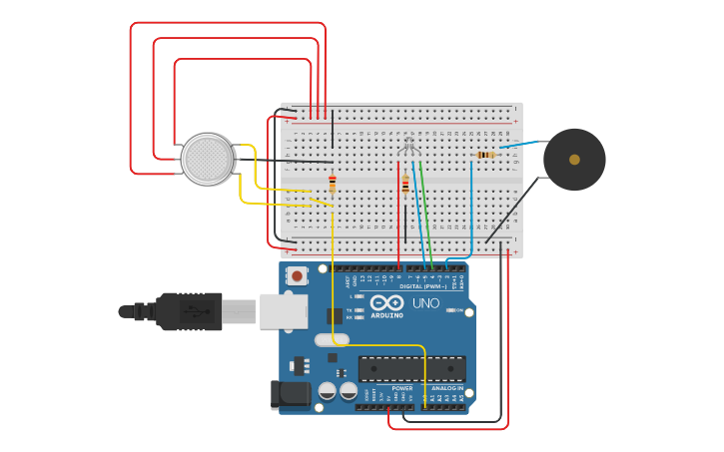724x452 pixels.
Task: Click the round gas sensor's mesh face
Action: point(207,159)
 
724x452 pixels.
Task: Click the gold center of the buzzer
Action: point(574,160)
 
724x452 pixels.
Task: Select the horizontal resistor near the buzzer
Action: point(486,155)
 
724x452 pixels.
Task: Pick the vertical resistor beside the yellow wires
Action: point(333,184)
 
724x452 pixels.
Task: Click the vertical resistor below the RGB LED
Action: point(405,185)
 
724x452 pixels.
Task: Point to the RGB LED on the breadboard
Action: point(408,147)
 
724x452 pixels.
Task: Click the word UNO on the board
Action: point(425,303)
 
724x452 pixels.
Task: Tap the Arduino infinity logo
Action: point(386,302)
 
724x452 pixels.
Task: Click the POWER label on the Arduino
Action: point(401,388)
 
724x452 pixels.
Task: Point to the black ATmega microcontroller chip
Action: point(411,368)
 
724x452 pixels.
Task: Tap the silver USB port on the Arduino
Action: point(284,311)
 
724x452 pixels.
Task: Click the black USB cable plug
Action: point(190,311)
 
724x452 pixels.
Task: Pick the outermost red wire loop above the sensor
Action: point(228,23)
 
